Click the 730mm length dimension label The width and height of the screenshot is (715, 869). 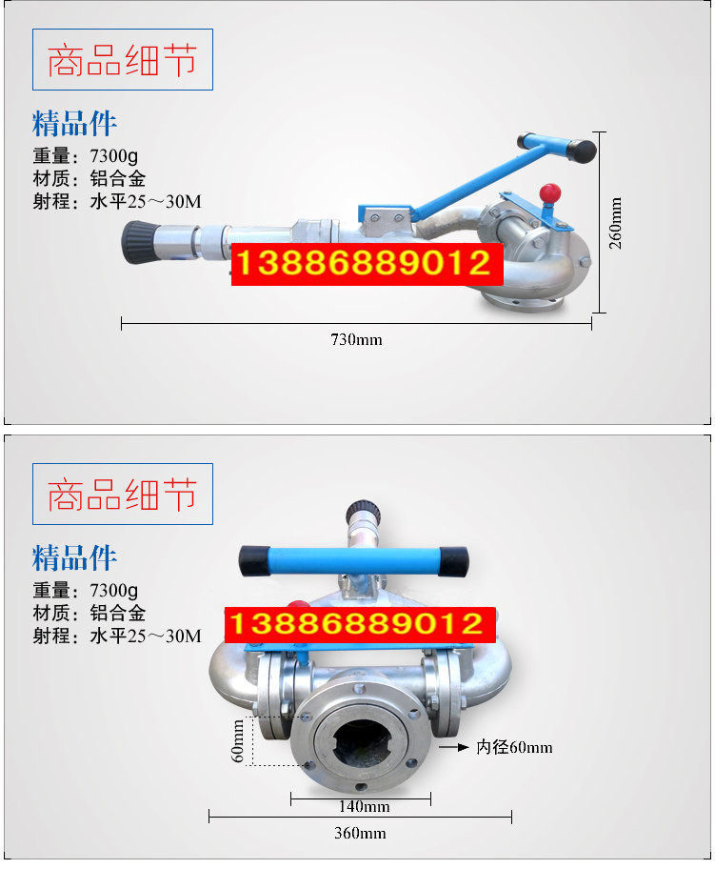point(356,339)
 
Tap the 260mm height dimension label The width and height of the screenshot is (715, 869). point(616,223)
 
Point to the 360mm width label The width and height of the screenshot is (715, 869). point(360,834)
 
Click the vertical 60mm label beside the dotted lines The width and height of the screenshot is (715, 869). point(240,739)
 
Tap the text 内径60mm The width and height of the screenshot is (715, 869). point(514,748)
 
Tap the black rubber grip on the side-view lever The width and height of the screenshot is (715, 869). point(581,149)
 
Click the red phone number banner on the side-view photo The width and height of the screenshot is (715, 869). point(367,264)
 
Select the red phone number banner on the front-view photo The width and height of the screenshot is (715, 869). point(359,624)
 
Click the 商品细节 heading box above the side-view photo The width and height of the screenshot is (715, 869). point(123,60)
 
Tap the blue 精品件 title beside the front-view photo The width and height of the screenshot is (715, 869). point(75,557)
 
